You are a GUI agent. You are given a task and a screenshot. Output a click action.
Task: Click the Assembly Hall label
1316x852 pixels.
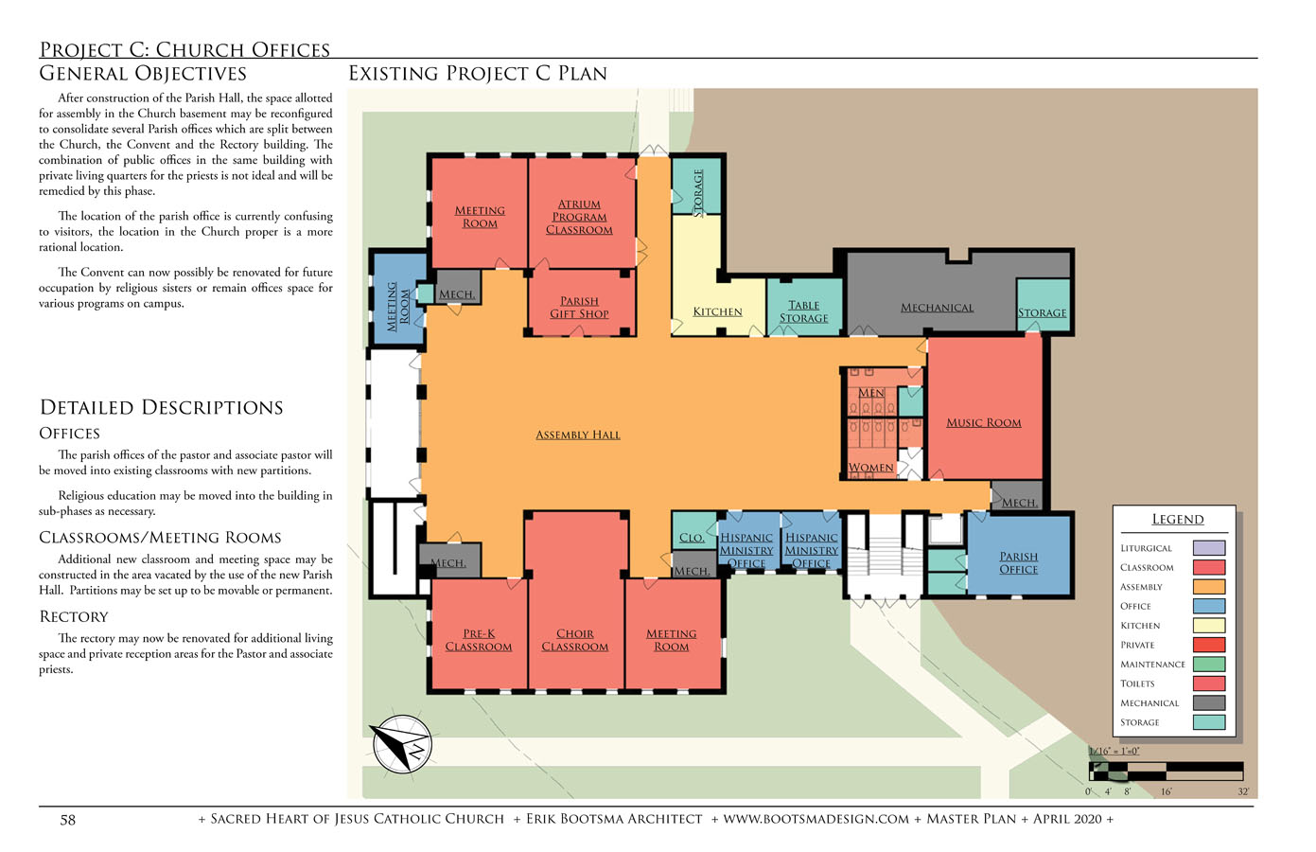coord(577,435)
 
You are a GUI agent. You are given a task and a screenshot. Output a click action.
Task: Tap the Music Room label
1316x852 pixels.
coord(984,423)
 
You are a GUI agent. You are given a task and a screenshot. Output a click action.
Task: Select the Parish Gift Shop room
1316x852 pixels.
coord(579,303)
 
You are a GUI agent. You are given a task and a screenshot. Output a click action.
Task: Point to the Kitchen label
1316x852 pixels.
coord(717,311)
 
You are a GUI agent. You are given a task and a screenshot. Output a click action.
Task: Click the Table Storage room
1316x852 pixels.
coord(804,307)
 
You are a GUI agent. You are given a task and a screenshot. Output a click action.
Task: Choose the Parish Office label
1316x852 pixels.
coord(1019,562)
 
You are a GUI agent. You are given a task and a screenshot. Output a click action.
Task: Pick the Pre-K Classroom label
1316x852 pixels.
coord(478,640)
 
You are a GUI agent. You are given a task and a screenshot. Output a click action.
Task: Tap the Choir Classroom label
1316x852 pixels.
coord(574,640)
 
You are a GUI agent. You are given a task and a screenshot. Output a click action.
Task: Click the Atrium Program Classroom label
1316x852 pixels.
coord(579,217)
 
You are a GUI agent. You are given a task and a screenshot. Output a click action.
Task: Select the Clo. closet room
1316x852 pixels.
coord(693,531)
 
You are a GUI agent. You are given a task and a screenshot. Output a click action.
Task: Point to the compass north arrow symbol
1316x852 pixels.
coord(402,744)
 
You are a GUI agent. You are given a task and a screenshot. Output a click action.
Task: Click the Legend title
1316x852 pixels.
coord(1177,519)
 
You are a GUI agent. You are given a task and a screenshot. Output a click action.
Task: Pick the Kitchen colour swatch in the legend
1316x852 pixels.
coord(1209,626)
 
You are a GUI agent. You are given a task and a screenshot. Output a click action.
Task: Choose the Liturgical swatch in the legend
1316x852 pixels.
coord(1209,548)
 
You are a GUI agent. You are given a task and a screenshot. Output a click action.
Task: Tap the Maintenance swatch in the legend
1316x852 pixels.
coord(1209,665)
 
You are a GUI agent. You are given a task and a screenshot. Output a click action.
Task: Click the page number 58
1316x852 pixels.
coord(67,820)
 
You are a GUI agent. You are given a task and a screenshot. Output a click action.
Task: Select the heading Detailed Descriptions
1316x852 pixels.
coord(161,407)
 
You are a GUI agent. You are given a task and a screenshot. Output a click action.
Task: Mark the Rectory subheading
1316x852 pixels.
coord(74,617)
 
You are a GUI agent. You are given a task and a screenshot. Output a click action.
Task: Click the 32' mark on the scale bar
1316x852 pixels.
coord(1243,792)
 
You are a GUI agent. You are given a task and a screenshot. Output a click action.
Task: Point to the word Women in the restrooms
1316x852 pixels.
coord(870,468)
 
